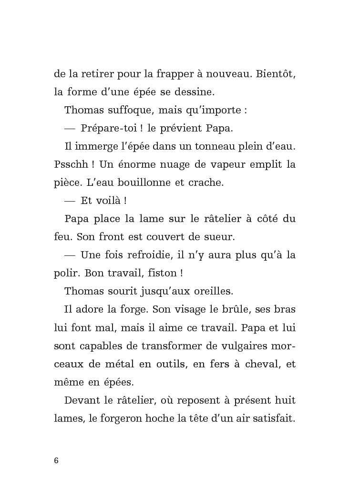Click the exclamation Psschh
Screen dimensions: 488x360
pyautogui.click(x=67, y=165)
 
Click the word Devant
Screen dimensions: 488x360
pyautogui.click(x=81, y=400)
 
